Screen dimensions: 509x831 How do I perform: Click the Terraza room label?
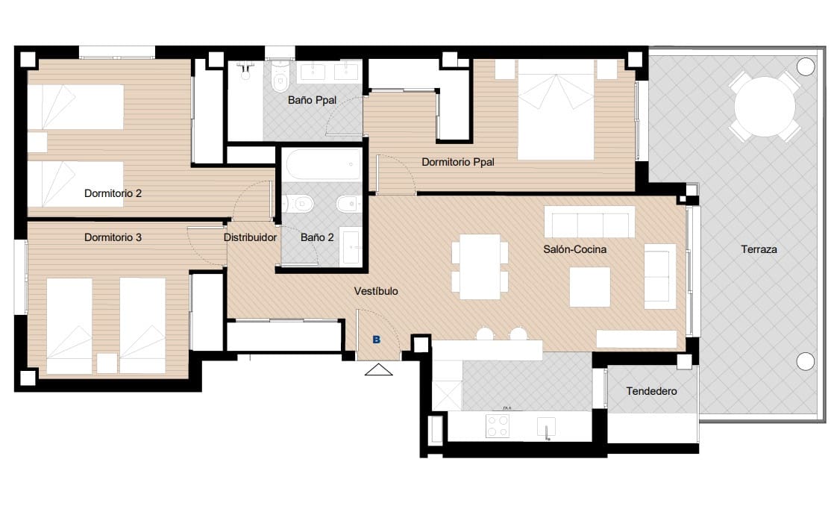[x=759, y=249]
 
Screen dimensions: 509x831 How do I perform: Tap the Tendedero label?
[x=651, y=390]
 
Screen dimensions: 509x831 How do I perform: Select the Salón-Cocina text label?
[x=574, y=249]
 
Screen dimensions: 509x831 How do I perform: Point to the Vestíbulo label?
[x=376, y=291]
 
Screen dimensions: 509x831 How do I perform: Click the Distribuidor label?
[x=251, y=237]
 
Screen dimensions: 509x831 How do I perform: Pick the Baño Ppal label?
[x=312, y=100]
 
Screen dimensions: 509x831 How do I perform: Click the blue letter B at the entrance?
[x=377, y=340]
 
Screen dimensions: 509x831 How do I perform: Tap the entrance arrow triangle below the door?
[x=378, y=369]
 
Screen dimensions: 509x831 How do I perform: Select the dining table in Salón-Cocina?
[x=480, y=266]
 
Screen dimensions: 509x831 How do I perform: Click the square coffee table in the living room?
[x=589, y=287]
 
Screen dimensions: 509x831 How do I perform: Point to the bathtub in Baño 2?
[x=323, y=163]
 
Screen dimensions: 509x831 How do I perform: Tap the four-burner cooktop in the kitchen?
[x=498, y=426]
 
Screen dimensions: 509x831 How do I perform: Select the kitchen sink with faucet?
[x=548, y=428]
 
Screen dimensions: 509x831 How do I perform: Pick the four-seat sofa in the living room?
[x=589, y=222]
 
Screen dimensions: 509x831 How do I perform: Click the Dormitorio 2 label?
[x=113, y=193]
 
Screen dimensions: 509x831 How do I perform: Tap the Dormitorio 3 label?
[x=113, y=237]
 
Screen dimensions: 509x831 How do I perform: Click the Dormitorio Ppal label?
[x=457, y=162]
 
